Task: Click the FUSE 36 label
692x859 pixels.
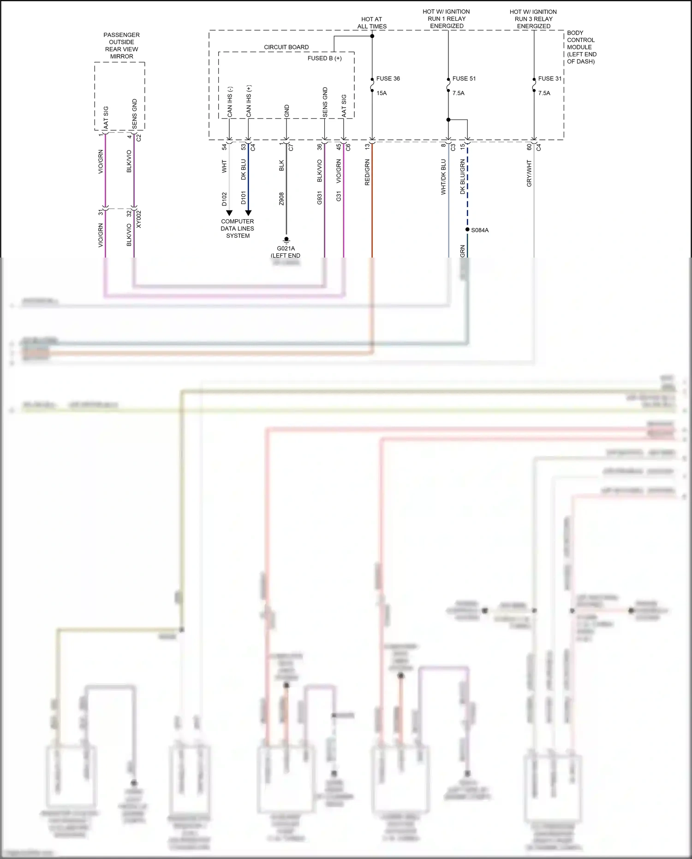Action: [388, 78]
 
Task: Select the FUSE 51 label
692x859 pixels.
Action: [464, 78]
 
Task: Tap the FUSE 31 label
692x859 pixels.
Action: [549, 78]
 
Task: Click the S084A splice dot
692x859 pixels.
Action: [467, 229]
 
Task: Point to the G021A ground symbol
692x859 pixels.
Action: [286, 240]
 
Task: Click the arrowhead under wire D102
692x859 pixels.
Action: [229, 213]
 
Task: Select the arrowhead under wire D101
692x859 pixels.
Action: [248, 213]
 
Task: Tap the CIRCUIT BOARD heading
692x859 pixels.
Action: [286, 47]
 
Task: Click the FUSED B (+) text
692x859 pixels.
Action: [324, 58]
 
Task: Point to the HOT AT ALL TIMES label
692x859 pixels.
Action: [372, 23]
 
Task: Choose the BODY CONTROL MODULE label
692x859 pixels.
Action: [581, 47]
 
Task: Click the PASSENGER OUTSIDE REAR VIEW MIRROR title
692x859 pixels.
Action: [121, 46]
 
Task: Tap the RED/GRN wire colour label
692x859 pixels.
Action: [367, 173]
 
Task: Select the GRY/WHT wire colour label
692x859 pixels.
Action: [529, 174]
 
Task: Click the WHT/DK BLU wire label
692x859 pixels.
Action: [443, 177]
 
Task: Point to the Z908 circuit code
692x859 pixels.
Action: [281, 199]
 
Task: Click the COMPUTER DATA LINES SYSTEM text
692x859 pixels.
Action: [238, 228]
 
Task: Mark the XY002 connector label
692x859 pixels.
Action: [139, 219]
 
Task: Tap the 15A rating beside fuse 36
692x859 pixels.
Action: [382, 93]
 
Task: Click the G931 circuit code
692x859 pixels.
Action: [319, 198]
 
